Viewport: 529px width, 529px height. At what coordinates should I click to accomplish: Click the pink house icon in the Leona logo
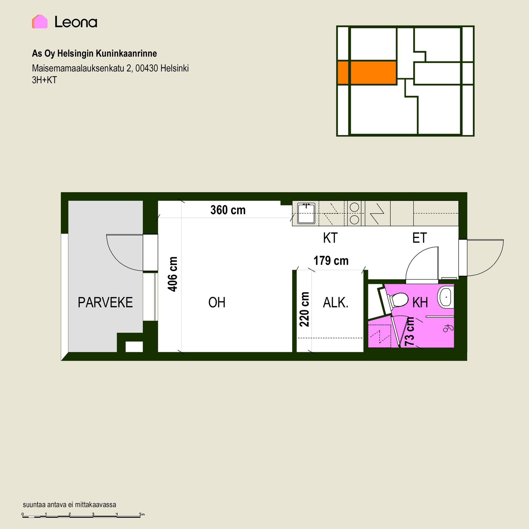[40, 21]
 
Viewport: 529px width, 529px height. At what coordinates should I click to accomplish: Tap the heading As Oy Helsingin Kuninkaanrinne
[95, 53]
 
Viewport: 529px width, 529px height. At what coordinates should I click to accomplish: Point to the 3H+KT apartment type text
[44, 80]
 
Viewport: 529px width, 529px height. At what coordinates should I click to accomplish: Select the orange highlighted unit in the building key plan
[367, 72]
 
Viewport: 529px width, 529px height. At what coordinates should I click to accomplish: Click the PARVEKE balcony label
[105, 302]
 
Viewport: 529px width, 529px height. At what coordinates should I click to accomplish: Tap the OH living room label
[217, 302]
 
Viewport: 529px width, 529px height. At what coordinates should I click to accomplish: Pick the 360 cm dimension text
[228, 210]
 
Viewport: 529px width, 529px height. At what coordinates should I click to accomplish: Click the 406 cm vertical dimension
[173, 274]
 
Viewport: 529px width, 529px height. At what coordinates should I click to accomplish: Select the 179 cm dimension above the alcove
[331, 261]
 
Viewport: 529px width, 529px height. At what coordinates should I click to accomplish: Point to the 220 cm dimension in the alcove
[304, 309]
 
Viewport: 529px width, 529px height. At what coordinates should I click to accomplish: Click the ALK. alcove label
[336, 303]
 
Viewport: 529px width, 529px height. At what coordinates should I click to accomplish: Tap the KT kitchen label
[330, 238]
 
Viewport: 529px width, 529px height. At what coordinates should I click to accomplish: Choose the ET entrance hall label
[420, 238]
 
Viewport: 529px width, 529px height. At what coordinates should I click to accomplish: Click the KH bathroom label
[420, 303]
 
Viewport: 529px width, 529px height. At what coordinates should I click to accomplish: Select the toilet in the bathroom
[395, 300]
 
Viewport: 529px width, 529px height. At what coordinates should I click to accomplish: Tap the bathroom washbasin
[446, 297]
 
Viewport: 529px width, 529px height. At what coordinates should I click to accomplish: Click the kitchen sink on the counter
[306, 214]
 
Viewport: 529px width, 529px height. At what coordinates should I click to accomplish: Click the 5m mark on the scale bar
[142, 514]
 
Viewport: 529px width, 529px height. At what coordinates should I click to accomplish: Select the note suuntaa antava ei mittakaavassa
[69, 505]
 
